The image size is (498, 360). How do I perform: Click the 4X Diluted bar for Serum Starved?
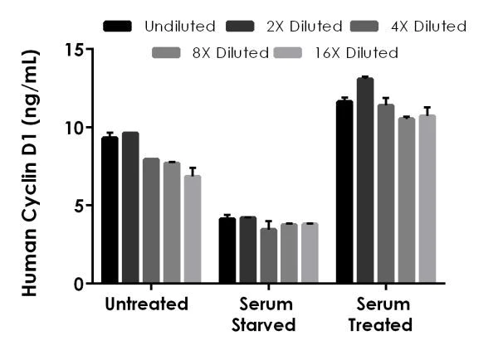pyautogui.click(x=268, y=256)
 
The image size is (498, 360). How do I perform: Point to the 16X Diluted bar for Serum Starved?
pyautogui.click(x=309, y=254)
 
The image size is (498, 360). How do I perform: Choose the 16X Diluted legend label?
pyautogui.click(x=358, y=53)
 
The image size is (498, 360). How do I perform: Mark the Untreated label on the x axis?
pyautogui.click(x=147, y=304)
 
